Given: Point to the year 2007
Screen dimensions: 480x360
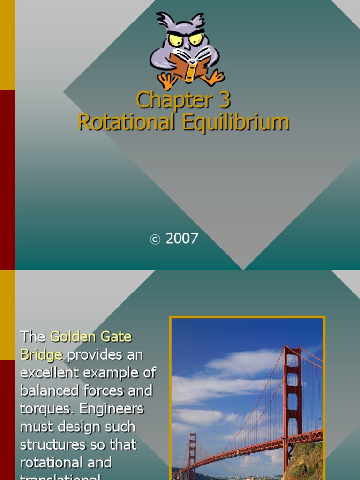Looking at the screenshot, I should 182,239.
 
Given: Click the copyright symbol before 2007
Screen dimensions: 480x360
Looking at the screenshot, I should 155,240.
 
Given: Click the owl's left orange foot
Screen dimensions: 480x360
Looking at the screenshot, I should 166,81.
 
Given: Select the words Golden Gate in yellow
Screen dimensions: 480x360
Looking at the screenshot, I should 90,337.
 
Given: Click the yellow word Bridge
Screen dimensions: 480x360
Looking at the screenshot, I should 41,354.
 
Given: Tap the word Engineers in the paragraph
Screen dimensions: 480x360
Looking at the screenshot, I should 112,409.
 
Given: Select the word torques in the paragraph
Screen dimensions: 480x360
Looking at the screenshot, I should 46,409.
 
